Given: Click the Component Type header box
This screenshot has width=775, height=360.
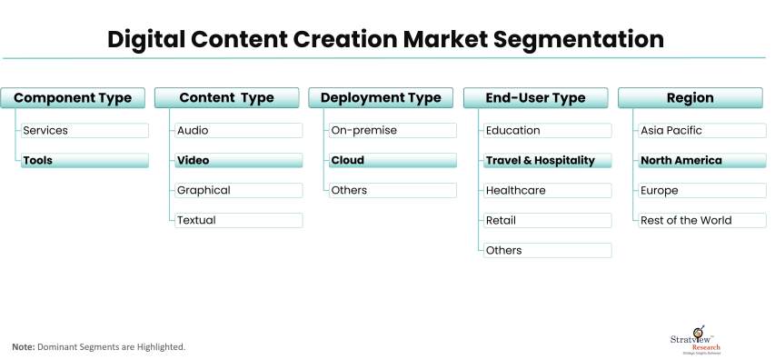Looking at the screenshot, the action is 73,98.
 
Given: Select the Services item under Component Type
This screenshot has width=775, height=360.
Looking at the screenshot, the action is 84,131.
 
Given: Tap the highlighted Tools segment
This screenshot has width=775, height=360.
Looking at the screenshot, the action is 84,160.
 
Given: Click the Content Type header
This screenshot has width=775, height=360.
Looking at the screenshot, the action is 227,98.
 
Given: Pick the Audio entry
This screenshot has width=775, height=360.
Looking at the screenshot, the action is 239,131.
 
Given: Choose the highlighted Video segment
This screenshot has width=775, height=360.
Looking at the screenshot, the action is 239,160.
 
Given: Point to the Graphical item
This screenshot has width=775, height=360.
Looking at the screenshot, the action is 239,190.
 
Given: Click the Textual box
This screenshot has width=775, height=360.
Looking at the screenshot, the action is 239,220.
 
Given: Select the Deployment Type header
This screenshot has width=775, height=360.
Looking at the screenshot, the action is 381,98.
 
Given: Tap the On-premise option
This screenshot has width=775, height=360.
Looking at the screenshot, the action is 392,131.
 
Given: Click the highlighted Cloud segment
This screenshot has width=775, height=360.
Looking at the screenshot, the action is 392,160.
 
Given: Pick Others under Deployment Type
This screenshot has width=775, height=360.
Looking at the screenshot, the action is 392,190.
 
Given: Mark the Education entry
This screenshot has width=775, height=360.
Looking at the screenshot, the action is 548,131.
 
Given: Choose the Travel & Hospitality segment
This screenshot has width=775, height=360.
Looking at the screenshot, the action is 548,160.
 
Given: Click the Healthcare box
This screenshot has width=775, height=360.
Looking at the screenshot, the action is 548,190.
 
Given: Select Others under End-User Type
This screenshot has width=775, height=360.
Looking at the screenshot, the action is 548,250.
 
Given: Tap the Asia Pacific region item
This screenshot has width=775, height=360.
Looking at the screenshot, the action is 702,131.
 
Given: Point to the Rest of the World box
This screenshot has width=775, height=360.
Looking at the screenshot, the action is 702,220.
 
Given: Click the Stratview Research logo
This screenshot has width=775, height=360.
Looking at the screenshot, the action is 695,340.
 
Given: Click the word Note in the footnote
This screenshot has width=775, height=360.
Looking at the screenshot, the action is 24,347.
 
